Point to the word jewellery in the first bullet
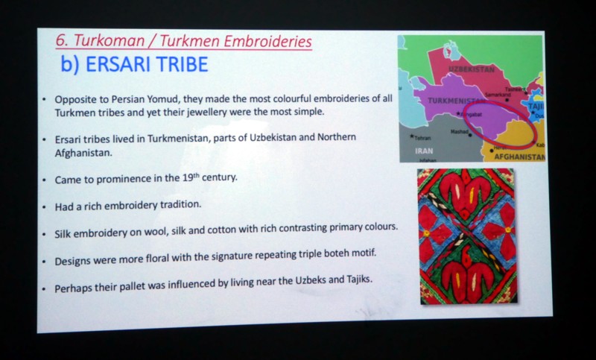(208, 112)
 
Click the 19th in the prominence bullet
(191, 177)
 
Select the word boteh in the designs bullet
(337, 253)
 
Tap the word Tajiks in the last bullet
(358, 280)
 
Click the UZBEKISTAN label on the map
(472, 69)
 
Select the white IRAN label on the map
(424, 151)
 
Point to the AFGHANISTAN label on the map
(519, 157)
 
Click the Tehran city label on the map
(422, 139)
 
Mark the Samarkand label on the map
(498, 94)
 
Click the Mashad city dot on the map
(470, 135)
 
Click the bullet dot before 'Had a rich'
(45, 207)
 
